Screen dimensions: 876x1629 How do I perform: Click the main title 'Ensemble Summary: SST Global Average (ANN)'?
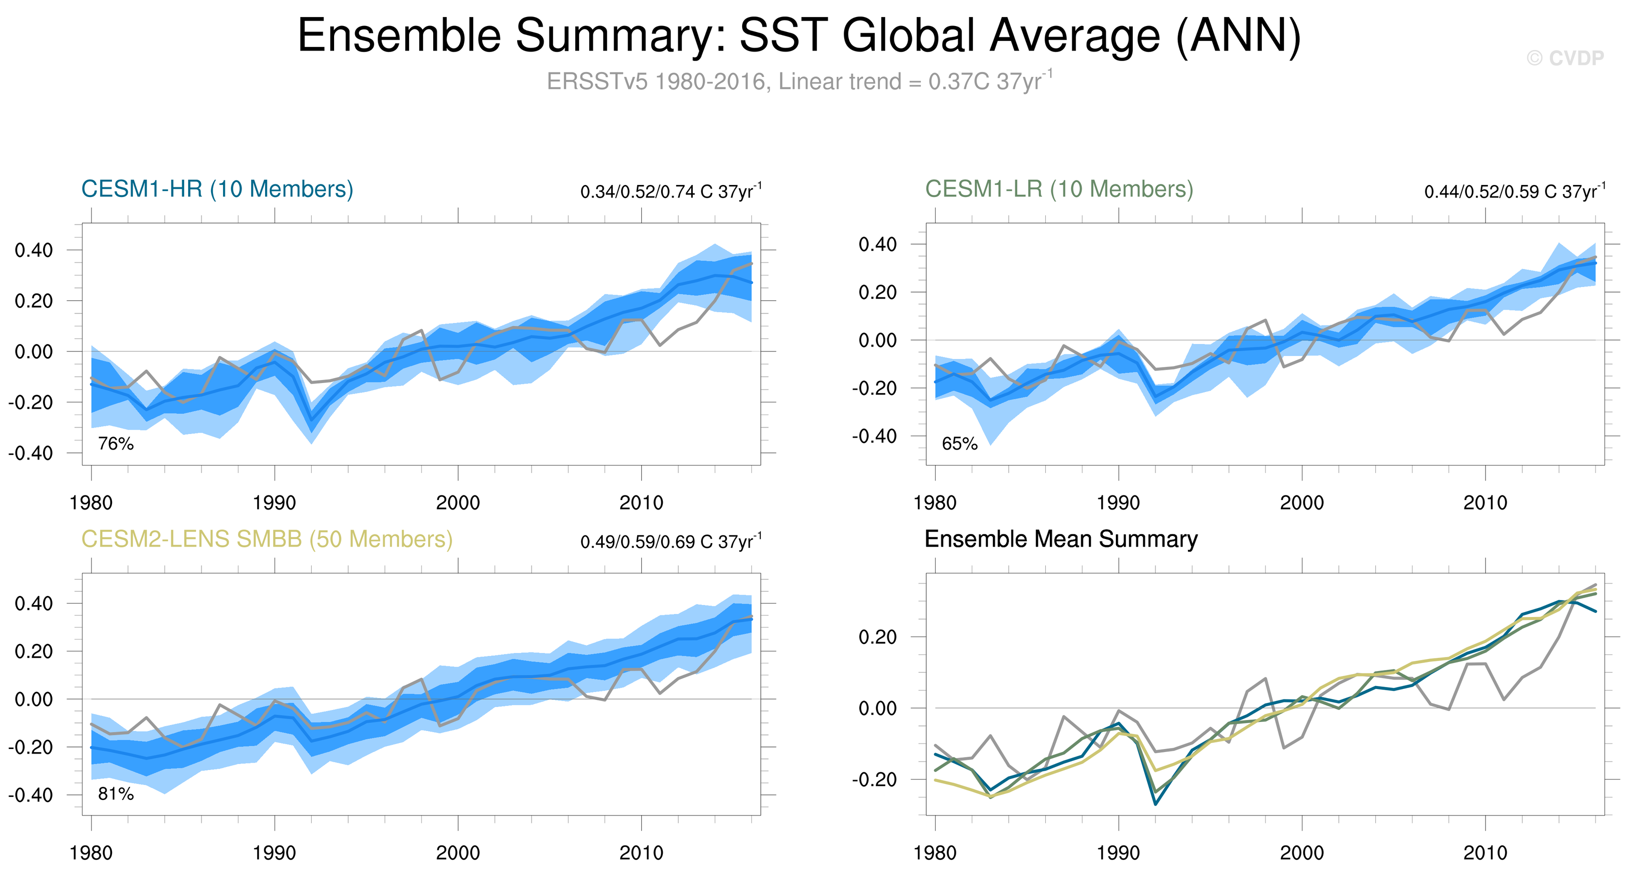799,35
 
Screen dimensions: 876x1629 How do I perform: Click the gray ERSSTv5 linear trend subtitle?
799,81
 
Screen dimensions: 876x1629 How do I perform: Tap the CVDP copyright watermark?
1565,58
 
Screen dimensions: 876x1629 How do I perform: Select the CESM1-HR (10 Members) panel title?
217,189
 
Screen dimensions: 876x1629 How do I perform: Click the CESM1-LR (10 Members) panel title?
1059,189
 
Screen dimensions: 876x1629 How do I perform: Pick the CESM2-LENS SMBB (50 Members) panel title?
267,539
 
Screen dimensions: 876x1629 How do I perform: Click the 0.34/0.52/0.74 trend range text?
670,191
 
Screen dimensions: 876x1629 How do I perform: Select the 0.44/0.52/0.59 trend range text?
1514,191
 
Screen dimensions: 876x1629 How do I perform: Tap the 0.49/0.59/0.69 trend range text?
670,541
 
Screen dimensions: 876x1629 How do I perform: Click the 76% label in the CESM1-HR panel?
116,443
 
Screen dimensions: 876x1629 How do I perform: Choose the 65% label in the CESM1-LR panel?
959,443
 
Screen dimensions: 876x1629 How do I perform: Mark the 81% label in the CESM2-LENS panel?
116,794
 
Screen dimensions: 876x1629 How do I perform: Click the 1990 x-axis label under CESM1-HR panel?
275,503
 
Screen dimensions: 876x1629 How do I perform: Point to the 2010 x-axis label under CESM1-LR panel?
1485,503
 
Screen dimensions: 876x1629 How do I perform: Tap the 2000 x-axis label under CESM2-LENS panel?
458,853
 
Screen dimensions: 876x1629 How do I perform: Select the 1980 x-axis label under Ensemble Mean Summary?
935,853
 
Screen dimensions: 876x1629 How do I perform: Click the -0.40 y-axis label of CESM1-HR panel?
31,453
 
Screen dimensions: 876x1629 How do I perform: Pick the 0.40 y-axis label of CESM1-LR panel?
878,244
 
